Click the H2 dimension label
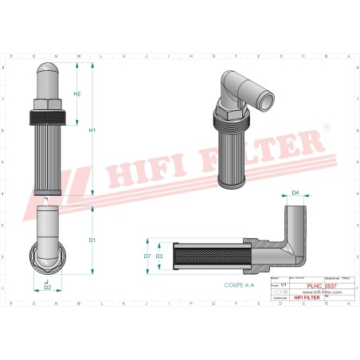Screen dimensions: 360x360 [77, 94]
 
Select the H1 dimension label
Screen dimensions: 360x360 [92, 131]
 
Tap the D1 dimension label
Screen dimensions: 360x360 [92, 240]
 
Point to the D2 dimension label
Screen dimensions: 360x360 [48, 287]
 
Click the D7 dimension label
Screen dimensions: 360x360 [147, 256]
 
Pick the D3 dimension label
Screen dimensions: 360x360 [159, 256]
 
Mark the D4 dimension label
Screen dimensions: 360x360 [295, 193]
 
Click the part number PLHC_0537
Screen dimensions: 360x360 [319, 284]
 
